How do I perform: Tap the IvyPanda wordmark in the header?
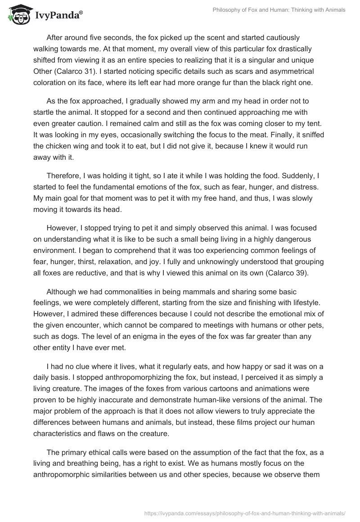tap(58, 15)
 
